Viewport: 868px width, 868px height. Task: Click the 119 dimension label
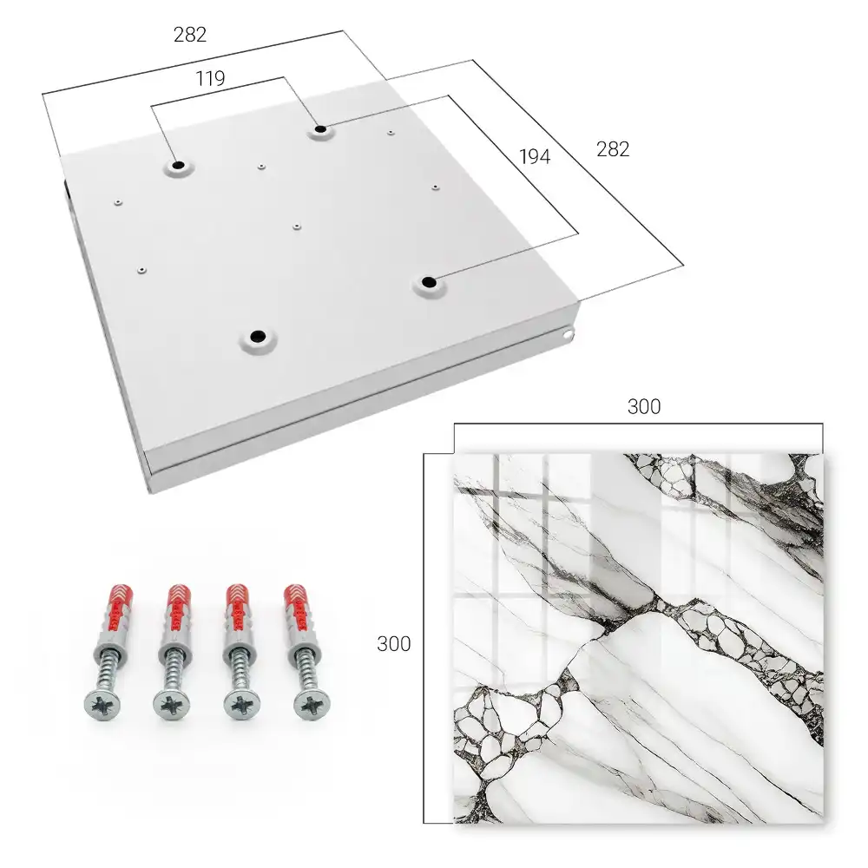tap(210, 79)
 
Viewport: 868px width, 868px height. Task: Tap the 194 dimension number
tap(535, 157)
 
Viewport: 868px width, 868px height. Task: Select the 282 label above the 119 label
tap(190, 35)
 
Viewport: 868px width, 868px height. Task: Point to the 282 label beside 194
tap(613, 149)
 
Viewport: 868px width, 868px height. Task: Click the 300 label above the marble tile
tap(644, 407)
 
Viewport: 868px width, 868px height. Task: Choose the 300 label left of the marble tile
tap(393, 644)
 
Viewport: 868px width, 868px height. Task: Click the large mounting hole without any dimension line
tap(258, 336)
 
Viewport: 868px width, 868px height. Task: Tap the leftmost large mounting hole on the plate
tap(178, 165)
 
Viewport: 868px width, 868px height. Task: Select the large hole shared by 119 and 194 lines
tap(320, 129)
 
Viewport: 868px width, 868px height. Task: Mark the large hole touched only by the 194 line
tap(429, 282)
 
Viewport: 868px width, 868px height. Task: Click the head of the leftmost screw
tap(102, 705)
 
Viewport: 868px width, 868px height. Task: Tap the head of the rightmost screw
tap(312, 704)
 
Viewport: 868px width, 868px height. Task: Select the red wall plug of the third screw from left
tap(239, 608)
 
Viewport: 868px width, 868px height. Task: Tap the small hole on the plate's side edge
tap(569, 334)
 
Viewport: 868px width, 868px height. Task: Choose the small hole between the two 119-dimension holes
tap(261, 166)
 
